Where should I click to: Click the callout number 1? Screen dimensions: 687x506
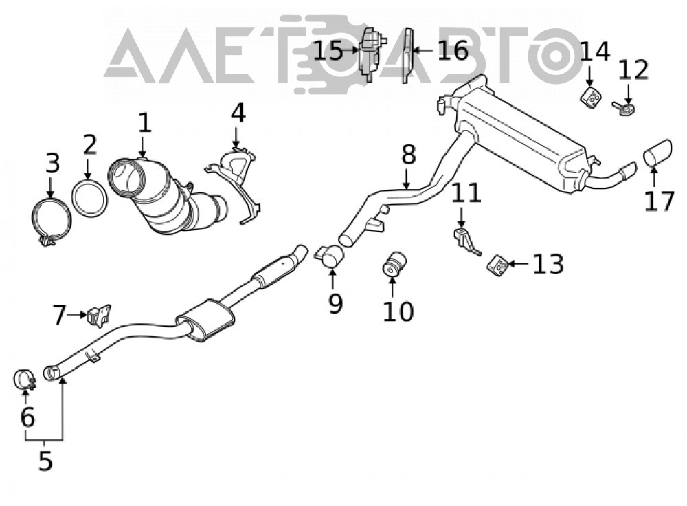click(144, 123)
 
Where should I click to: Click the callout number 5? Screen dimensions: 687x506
click(45, 460)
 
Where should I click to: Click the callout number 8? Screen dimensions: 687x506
click(408, 155)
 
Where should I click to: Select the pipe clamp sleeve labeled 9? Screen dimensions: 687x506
click(331, 256)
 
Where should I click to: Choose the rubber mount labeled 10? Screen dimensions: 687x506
click(394, 265)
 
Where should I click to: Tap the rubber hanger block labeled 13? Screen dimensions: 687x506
click(497, 265)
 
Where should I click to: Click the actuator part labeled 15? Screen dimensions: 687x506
click(371, 53)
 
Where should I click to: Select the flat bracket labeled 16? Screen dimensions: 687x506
click(408, 55)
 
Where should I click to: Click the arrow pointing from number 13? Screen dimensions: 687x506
click(518, 264)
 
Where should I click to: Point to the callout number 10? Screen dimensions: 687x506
click(398, 311)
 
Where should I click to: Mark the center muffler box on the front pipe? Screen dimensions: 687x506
click(204, 320)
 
